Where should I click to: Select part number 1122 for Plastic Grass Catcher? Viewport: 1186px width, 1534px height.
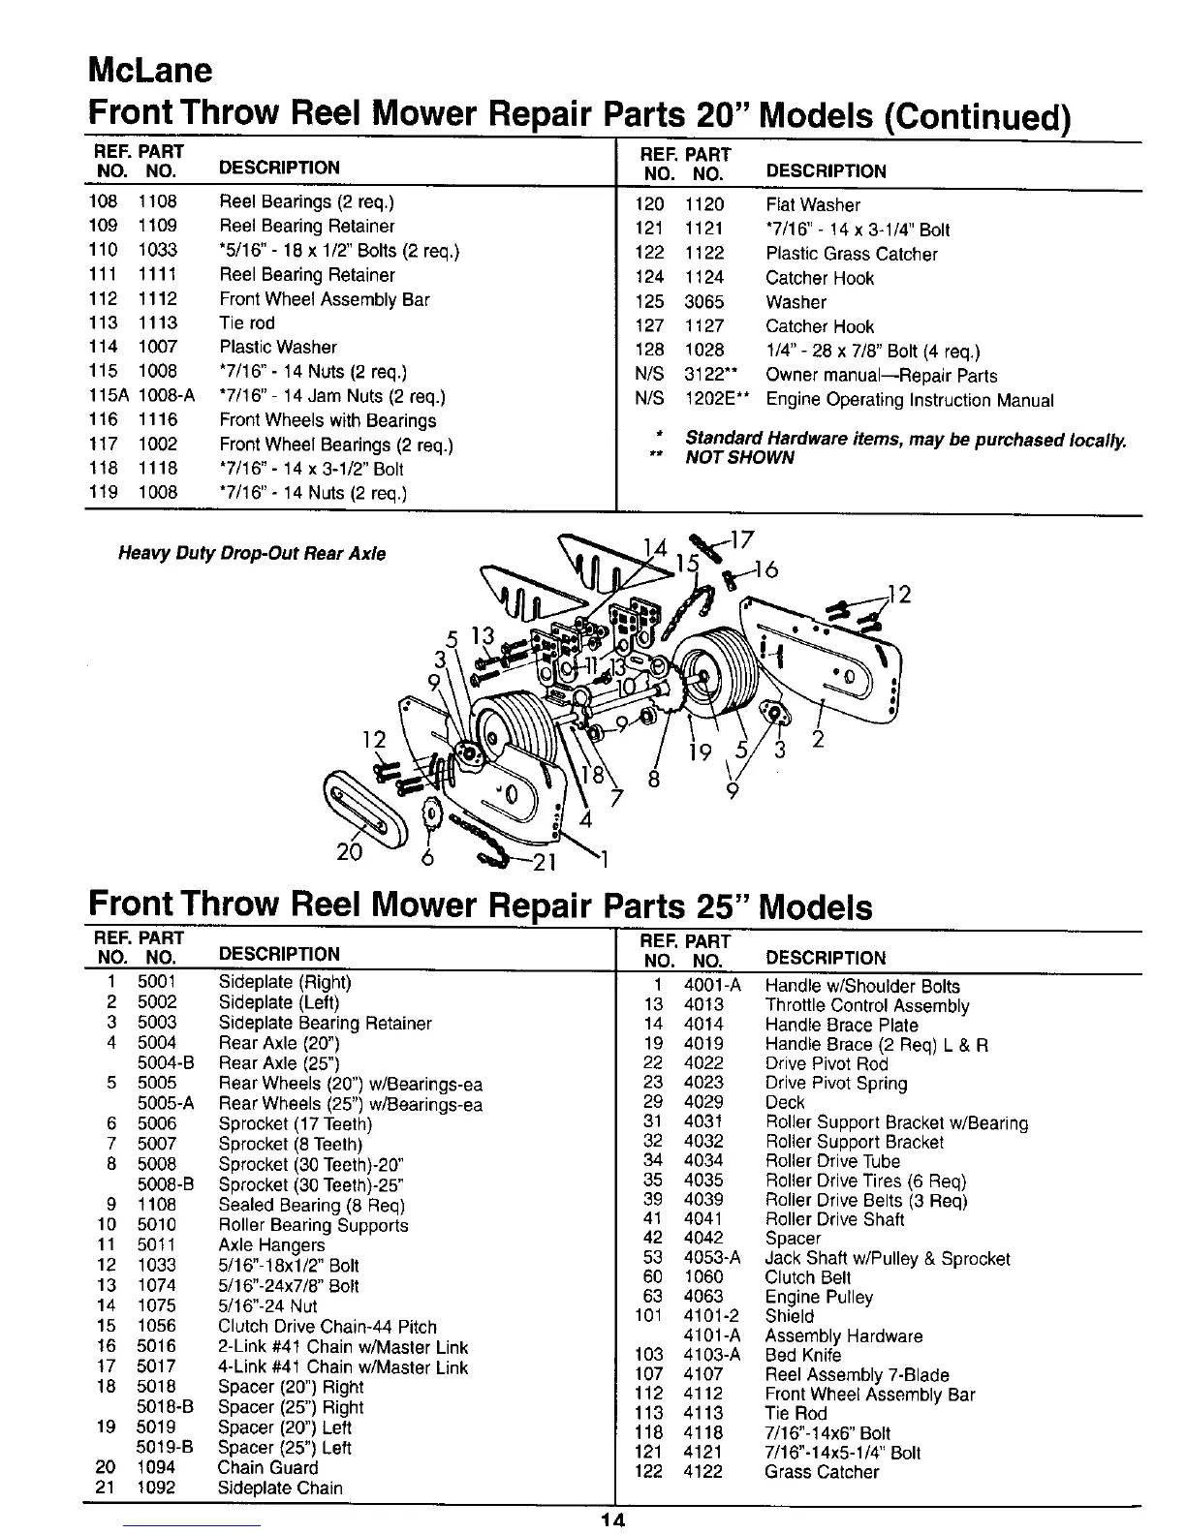click(x=704, y=254)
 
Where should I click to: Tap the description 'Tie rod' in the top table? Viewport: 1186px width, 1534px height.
click(x=247, y=322)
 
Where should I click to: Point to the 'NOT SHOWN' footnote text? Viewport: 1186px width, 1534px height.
click(x=739, y=457)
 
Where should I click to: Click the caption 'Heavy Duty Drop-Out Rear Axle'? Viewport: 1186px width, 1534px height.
click(x=252, y=554)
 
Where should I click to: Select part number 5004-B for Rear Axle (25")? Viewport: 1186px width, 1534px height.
click(x=166, y=1062)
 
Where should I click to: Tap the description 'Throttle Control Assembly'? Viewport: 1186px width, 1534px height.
click(x=867, y=1005)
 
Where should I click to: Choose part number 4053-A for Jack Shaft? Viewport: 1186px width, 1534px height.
click(x=712, y=1258)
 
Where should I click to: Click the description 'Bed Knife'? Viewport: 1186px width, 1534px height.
click(x=803, y=1355)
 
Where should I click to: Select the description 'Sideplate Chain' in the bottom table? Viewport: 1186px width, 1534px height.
click(x=280, y=1488)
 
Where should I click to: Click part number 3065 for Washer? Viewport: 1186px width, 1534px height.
click(x=704, y=302)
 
